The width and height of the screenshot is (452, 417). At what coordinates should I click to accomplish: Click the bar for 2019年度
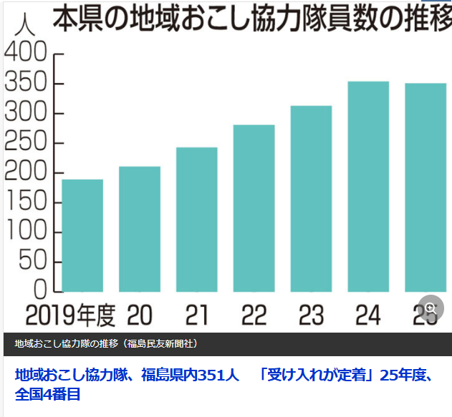click(x=82, y=235)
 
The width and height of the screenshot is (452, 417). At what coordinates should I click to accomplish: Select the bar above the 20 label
click(x=140, y=229)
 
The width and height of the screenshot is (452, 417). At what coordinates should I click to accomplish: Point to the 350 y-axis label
click(x=26, y=84)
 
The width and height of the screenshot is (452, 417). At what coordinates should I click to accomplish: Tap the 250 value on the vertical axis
click(x=26, y=143)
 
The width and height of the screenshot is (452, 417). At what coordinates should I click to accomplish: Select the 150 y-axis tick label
click(x=26, y=202)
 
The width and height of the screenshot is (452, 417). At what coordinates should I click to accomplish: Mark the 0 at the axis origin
click(x=40, y=290)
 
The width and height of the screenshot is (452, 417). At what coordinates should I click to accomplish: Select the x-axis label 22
click(x=254, y=314)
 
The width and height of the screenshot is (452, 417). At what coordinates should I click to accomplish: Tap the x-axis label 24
click(x=368, y=314)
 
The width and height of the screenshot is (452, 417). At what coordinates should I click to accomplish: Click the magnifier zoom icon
click(x=430, y=309)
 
